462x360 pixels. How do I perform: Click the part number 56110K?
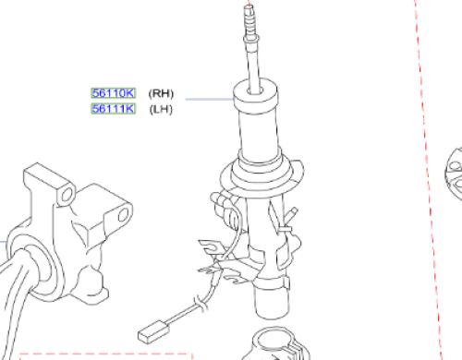114,93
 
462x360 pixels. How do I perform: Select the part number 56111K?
114,109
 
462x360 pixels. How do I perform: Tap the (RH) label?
161,93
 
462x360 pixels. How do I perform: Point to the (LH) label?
161,109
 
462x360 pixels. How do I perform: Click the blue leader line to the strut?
210,99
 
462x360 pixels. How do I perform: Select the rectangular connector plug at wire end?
153,331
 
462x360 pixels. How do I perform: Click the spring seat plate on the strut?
261,178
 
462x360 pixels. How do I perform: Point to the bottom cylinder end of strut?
272,302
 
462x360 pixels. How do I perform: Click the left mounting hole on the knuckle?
67,195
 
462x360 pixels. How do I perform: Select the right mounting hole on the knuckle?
123,214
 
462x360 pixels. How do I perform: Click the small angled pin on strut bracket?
292,214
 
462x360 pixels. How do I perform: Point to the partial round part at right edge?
454,173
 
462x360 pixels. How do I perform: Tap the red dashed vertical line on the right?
428,178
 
